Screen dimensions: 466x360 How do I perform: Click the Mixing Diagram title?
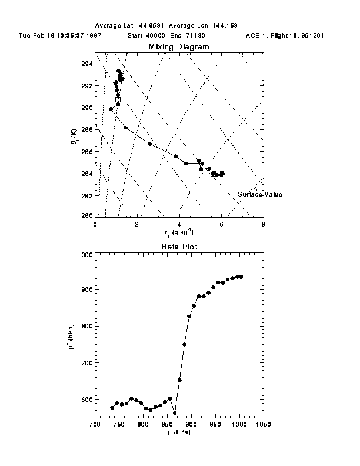(x=178, y=46)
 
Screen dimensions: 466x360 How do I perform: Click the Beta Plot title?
(x=178, y=247)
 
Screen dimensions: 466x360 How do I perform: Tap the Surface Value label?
(x=259, y=194)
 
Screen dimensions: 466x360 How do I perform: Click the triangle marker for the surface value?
(x=255, y=188)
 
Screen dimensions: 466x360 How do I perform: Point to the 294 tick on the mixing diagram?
(x=88, y=64)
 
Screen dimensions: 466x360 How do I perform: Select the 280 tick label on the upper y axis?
(x=88, y=216)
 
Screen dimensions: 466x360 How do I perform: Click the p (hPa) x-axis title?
(x=178, y=432)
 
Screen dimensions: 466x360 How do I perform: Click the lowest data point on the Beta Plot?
(x=175, y=412)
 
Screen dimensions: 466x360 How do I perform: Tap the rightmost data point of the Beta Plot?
(x=241, y=277)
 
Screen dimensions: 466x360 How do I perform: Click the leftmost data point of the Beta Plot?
(x=112, y=407)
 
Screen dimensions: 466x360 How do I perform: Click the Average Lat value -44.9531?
(x=152, y=26)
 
